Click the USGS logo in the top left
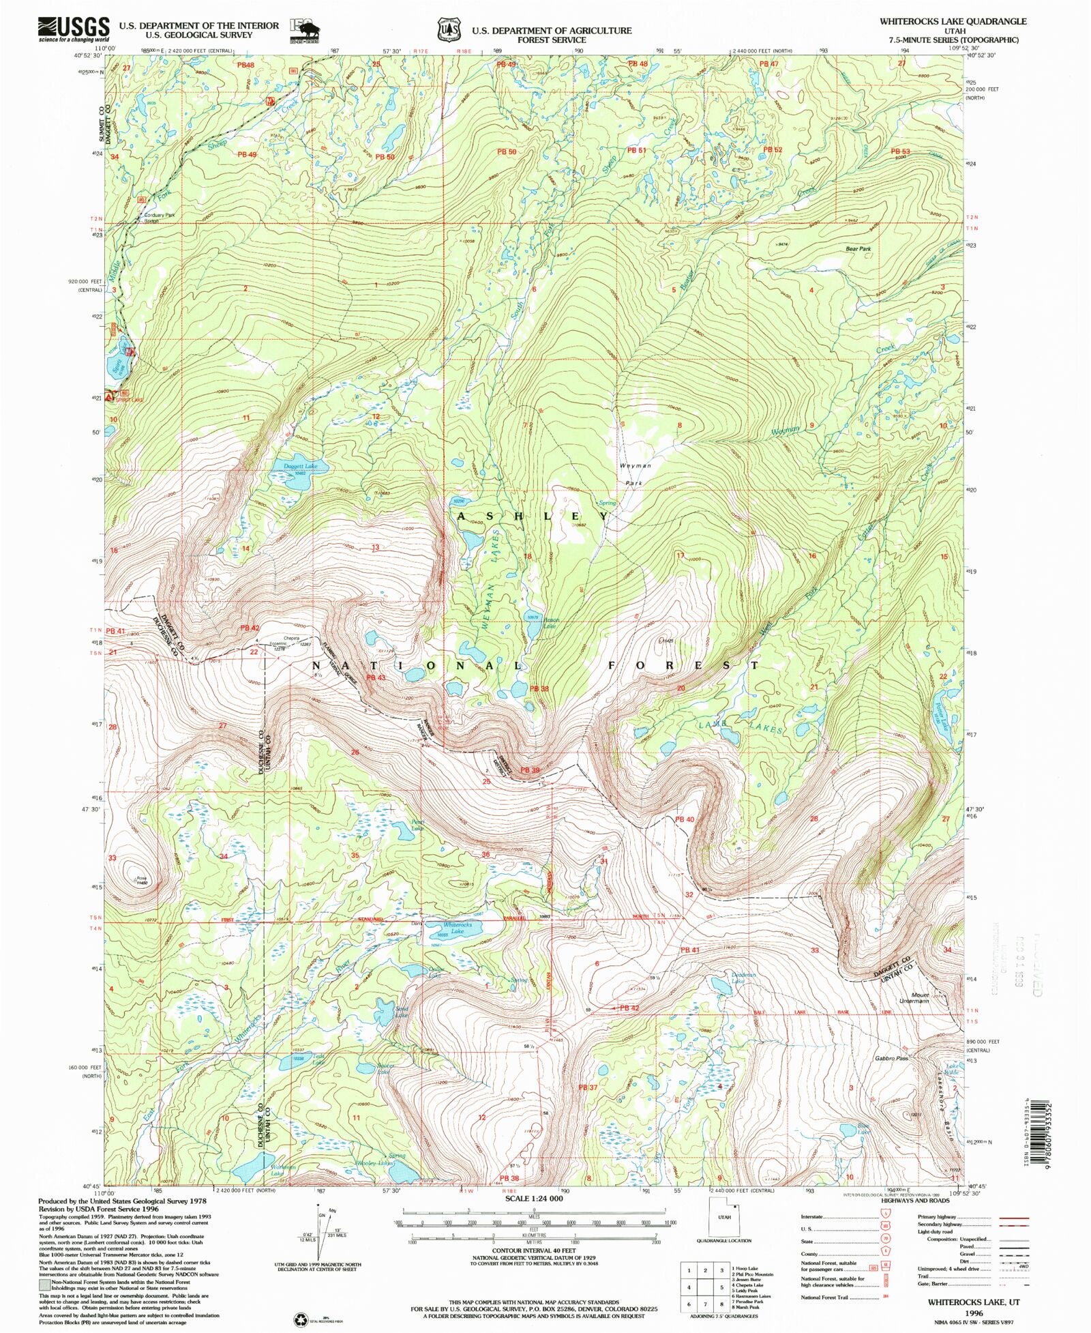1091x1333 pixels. tap(73, 28)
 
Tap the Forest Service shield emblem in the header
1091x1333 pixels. tap(448, 30)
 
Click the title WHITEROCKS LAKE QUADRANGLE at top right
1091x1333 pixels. tap(952, 21)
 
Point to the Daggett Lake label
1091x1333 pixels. tap(301, 466)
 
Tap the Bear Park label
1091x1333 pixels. tap(858, 249)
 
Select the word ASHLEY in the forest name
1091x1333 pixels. tap(533, 516)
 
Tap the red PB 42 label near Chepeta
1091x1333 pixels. tap(250, 627)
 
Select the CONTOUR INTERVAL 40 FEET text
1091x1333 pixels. tap(534, 1250)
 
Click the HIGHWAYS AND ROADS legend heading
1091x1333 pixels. tap(912, 1200)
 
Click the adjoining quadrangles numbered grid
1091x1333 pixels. tap(705, 1287)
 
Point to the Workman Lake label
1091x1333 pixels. tap(283, 1168)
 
